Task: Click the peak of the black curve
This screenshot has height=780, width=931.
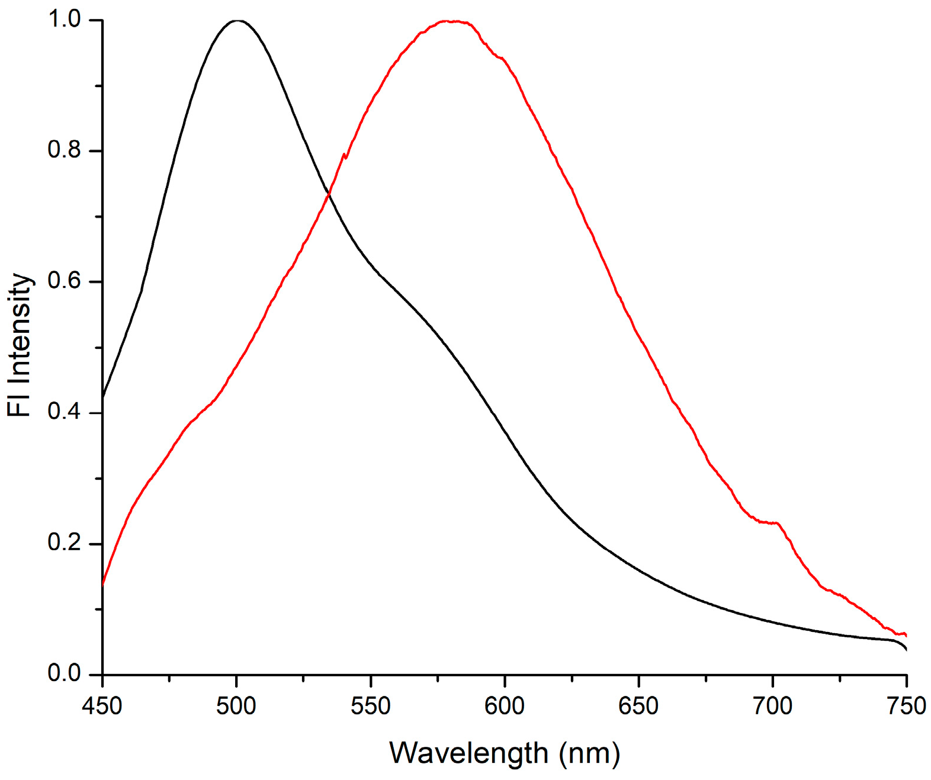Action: (237, 21)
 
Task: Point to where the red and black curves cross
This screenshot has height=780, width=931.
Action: (328, 194)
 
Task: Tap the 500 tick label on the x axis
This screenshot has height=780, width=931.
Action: (236, 706)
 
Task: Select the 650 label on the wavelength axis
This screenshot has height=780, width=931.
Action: (638, 706)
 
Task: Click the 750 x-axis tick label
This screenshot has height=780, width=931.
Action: (906, 706)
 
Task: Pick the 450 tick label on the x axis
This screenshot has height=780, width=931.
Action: (102, 706)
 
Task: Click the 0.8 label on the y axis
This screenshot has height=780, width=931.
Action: (64, 150)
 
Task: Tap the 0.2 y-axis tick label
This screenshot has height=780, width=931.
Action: (64, 543)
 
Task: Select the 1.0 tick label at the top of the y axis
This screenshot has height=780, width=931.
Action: (64, 20)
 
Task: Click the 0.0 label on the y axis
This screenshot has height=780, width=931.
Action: (64, 674)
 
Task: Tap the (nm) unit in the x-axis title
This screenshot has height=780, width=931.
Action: (589, 753)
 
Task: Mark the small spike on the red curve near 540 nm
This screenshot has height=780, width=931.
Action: (344, 155)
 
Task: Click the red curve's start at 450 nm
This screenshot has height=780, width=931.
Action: (103, 584)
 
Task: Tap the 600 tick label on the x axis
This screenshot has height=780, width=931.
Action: (505, 706)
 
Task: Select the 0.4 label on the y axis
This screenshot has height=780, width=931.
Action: (64, 412)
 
